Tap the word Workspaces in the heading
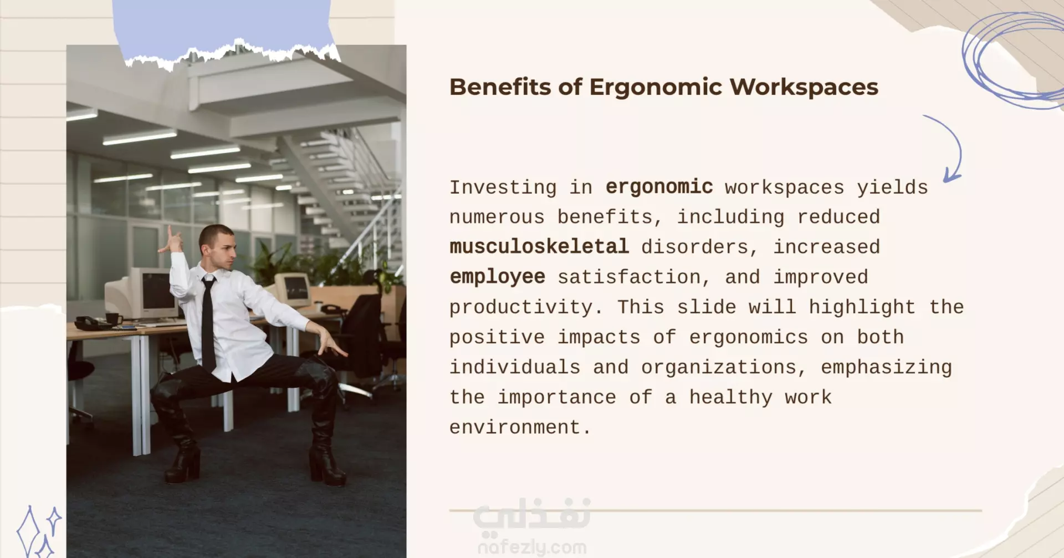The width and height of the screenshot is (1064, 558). click(804, 87)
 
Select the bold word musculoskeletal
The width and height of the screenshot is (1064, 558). click(539, 246)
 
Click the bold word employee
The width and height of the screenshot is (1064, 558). click(497, 277)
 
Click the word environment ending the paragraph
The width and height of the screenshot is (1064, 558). click(520, 427)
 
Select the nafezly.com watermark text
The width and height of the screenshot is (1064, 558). click(532, 547)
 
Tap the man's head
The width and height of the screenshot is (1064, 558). click(218, 247)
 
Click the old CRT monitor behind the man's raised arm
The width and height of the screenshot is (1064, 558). click(145, 294)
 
